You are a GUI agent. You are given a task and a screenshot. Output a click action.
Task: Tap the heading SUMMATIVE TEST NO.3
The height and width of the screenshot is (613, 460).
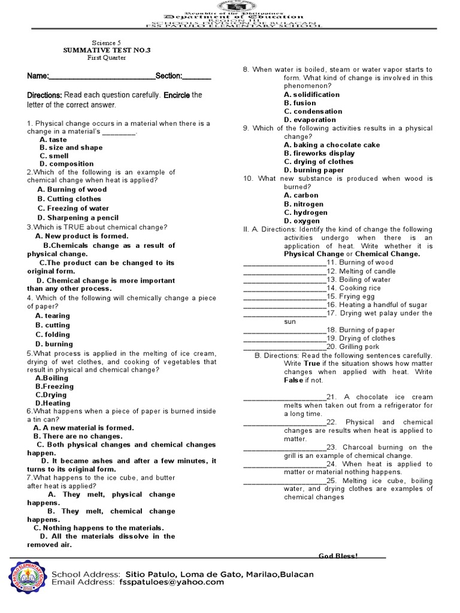click(107, 50)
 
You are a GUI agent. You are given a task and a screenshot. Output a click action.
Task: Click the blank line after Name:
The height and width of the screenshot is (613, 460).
click(101, 77)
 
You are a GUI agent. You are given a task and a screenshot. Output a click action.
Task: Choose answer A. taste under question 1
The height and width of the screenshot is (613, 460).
click(53, 139)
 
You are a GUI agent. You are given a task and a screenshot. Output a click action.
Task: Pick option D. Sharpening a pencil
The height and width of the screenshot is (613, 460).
click(78, 218)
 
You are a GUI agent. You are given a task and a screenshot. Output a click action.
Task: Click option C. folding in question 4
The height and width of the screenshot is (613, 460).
click(53, 335)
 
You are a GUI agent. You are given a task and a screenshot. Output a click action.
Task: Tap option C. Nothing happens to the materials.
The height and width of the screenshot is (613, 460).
click(98, 528)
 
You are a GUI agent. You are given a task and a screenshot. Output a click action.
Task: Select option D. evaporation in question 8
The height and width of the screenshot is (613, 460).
click(310, 120)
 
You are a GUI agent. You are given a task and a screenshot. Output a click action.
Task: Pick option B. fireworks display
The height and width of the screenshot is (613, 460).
click(319, 153)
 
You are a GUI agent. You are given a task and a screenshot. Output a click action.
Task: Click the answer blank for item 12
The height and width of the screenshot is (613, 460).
click(284, 271)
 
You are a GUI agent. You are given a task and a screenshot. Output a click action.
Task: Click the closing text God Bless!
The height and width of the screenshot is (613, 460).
click(338, 556)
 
